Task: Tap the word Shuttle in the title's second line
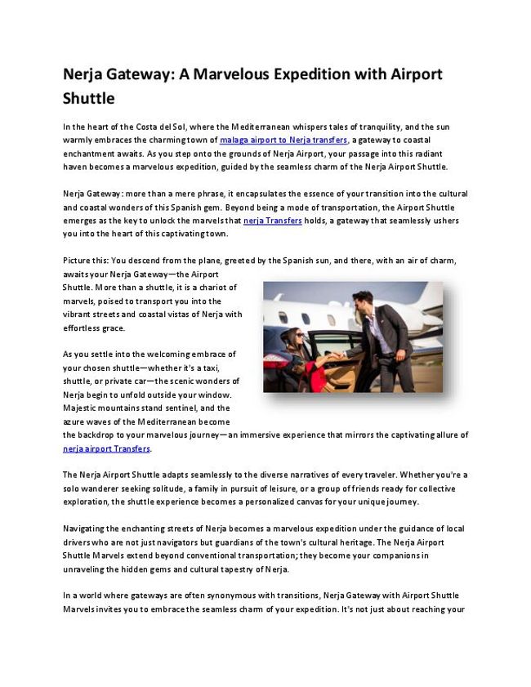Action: click(89, 99)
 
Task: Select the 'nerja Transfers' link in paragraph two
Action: click(273, 221)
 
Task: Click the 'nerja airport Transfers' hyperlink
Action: click(107, 448)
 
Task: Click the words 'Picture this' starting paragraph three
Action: click(85, 261)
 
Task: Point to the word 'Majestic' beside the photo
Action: click(83, 408)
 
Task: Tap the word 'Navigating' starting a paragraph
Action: click(87, 529)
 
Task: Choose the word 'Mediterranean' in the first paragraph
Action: click(254, 127)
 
